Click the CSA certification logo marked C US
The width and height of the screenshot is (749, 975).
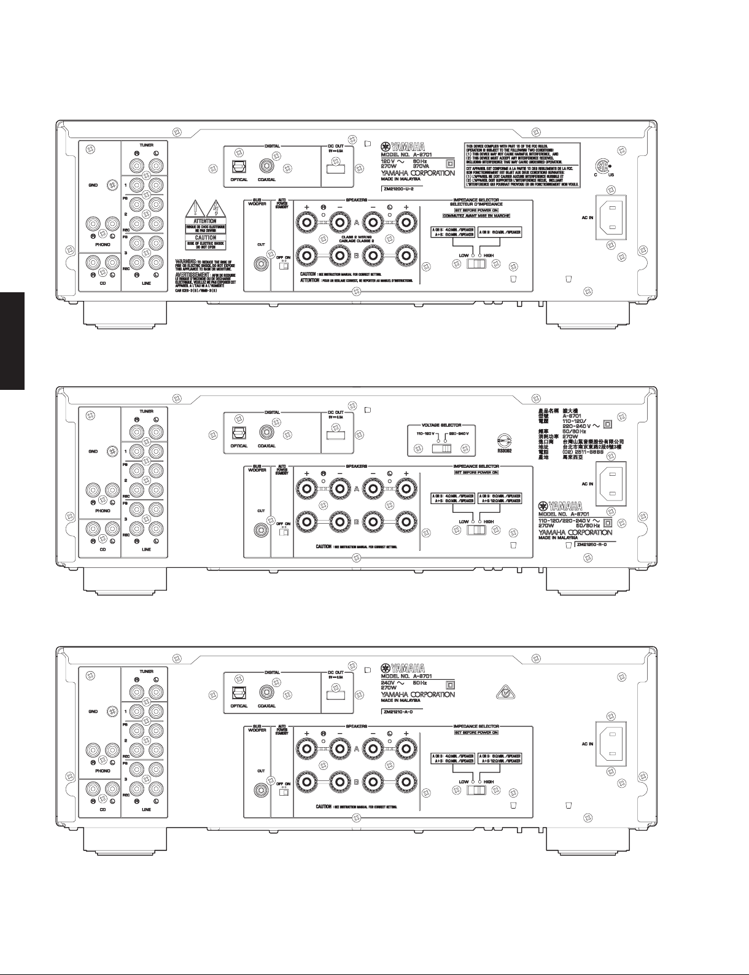tap(604, 168)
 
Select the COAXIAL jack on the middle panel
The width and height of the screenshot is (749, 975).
tap(266, 433)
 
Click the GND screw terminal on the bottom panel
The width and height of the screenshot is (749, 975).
tap(112, 712)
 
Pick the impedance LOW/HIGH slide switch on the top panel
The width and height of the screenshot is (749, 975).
tap(476, 264)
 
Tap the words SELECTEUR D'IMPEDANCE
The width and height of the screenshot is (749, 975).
tap(476, 204)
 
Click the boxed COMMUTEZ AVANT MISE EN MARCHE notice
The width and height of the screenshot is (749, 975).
tap(476, 216)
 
